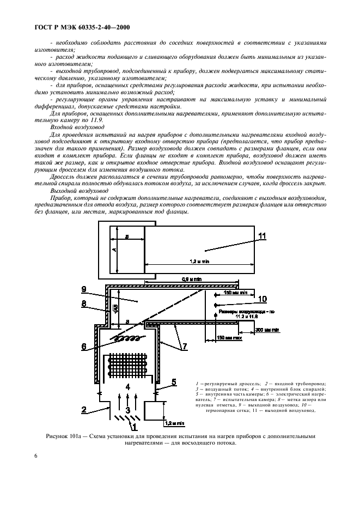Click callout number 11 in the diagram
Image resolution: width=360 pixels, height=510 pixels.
tap(262, 235)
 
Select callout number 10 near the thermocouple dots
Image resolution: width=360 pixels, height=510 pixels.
tap(263, 299)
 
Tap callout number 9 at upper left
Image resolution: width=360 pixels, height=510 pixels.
tap(84, 289)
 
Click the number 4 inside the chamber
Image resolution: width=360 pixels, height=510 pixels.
tap(127, 387)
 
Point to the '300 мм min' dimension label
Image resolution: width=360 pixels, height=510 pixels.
tap(267, 330)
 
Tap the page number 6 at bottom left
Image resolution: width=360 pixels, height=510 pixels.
tap(36, 471)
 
